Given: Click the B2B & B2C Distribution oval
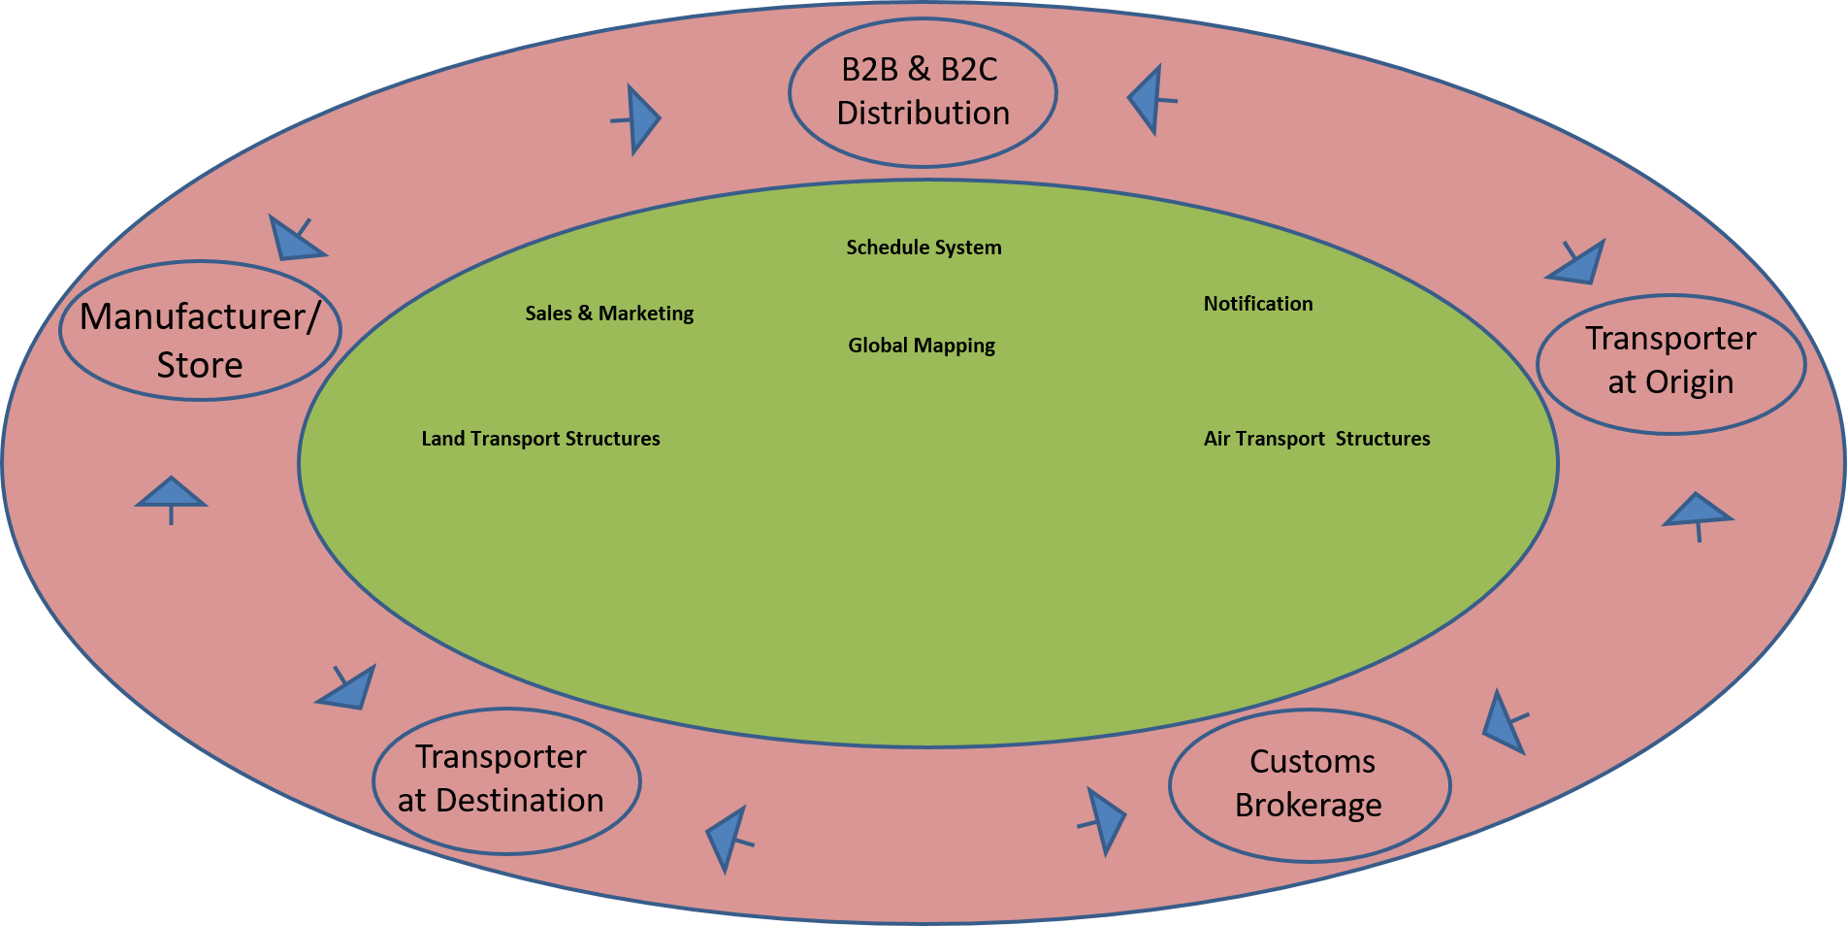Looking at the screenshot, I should point(923,92).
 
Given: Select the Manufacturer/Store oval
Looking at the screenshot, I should point(200,331).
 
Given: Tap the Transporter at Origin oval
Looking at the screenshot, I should point(1670,364).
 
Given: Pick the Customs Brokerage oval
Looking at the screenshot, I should point(1310,785).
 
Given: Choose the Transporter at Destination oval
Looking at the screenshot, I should point(505,781).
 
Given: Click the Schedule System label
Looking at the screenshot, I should point(923,248).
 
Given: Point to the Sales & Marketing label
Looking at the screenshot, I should point(609,314).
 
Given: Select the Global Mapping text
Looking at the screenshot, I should point(922,346).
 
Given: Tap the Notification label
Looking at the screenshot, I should point(1258,304).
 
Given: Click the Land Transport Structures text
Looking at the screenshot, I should point(540,439).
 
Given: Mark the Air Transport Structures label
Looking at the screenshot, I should point(1316,439).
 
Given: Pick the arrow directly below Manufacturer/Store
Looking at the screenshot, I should point(171,495).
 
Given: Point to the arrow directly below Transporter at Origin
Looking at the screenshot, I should point(1697,512).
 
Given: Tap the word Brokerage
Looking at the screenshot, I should point(1308,806).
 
